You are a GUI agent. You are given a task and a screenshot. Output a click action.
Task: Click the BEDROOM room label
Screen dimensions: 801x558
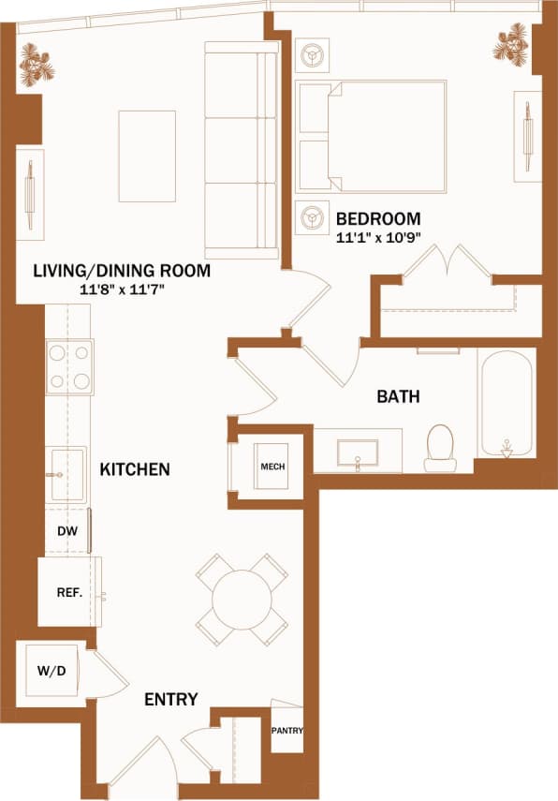[377, 219]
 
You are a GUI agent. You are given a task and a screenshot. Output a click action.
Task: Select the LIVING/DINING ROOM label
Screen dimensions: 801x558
[122, 272]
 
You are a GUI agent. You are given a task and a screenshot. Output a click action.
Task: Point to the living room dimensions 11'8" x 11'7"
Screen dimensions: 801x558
[122, 289]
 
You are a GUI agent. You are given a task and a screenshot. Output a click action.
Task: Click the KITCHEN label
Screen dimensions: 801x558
[135, 468]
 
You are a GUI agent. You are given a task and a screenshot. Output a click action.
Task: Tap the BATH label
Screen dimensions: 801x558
[398, 396]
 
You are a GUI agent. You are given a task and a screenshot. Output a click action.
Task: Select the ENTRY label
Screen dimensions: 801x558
[170, 699]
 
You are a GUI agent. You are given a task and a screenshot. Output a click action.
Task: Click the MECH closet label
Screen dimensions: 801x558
[272, 467]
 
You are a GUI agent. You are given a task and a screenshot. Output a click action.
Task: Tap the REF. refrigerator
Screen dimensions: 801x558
[68, 592]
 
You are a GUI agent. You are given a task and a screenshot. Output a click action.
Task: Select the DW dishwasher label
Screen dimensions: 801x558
[66, 532]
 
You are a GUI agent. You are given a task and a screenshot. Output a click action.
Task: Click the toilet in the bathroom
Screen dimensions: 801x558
[439, 449]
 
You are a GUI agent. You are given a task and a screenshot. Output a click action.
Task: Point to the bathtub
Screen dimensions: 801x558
[506, 403]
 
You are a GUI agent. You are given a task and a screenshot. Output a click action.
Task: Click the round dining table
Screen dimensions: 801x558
[242, 599]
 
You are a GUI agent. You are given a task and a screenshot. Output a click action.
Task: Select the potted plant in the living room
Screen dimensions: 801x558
[37, 67]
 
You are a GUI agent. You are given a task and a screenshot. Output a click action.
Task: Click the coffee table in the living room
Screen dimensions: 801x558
[146, 156]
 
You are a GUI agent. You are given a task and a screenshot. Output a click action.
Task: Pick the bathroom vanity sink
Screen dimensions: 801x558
[357, 452]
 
